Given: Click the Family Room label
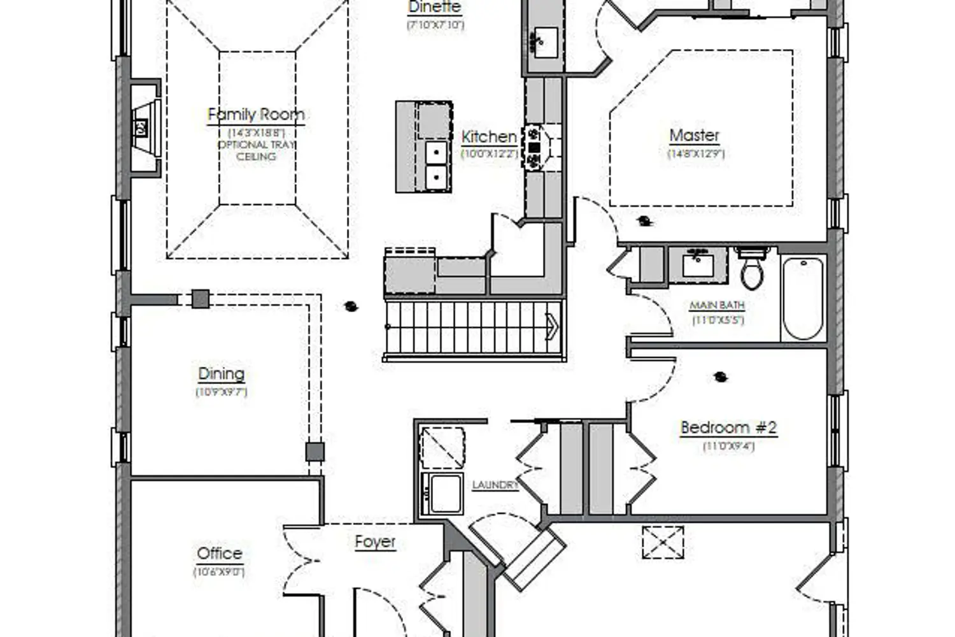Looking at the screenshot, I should pos(256,115).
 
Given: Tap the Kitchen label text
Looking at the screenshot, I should pos(488,136).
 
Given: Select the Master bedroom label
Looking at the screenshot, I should pos(694,135).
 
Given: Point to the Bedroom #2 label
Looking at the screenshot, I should pos(728,427).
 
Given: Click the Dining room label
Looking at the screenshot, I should pos(221,374).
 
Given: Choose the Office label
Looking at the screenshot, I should pos(219,553).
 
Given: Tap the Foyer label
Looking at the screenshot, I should pos(375,541).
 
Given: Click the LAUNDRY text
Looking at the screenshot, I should pos(495,485).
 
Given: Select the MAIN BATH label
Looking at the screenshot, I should pos(717,306).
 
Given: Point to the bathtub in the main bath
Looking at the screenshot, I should pos(802,298).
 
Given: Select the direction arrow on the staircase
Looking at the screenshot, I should pos(551,327).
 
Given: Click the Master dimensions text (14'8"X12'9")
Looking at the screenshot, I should pos(695,154).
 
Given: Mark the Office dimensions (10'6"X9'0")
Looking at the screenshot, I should pos(219,571).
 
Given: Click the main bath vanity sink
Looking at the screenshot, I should pos(698,264).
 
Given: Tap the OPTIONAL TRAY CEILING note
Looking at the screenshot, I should pos(256,150).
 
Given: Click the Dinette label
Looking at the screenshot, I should pos(435,8).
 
